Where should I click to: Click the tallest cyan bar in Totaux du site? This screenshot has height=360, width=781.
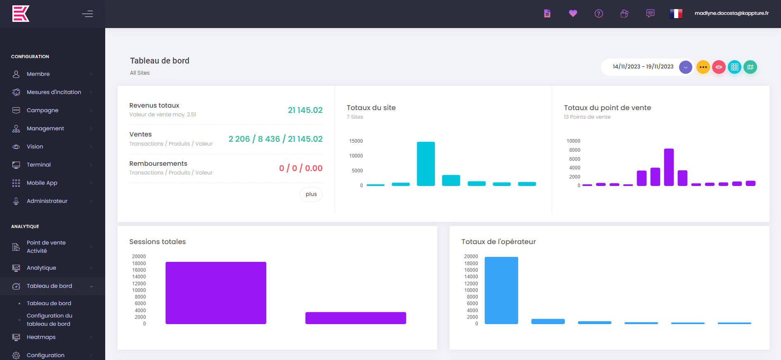click(426, 164)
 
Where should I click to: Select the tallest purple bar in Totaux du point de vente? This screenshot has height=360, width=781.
click(669, 167)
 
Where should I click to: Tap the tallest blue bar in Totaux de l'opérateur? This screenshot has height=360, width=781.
click(501, 290)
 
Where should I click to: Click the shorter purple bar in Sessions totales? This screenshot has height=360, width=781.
click(356, 318)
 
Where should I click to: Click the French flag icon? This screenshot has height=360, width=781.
click(676, 14)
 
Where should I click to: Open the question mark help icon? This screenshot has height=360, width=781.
click(599, 14)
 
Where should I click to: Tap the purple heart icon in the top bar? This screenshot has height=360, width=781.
click(573, 14)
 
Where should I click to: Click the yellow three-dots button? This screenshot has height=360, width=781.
click(703, 67)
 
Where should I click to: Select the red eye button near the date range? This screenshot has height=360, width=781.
click(719, 67)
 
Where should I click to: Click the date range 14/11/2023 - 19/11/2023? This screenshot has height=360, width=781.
click(643, 67)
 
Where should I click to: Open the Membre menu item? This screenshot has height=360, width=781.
click(38, 74)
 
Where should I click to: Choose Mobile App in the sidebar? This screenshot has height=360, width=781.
click(42, 183)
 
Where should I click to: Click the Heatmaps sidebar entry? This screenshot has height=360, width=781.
click(41, 337)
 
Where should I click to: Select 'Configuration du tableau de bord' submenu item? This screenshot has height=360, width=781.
click(50, 320)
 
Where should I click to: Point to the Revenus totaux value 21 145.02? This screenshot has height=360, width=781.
click(305, 110)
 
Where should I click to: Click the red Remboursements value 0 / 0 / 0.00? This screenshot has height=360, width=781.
click(301, 168)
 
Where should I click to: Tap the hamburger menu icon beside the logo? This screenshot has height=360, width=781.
click(87, 14)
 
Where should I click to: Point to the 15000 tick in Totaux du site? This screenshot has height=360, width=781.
click(356, 141)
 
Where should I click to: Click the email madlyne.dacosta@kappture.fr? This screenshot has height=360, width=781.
click(731, 13)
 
